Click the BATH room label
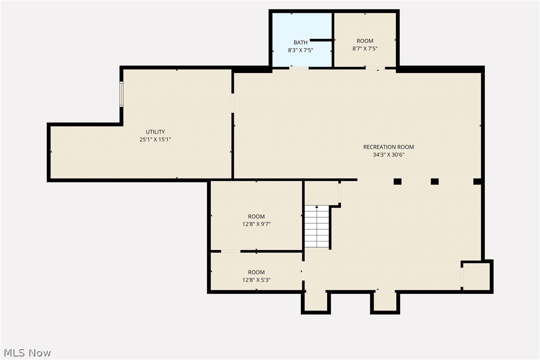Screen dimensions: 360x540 300,43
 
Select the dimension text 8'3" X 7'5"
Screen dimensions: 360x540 300,50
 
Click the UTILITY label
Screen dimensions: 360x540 155,132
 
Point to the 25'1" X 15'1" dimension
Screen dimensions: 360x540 155,140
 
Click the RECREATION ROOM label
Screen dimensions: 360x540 388,147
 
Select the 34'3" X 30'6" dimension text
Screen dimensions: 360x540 388,155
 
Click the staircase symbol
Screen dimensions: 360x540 317,226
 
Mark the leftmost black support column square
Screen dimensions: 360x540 397,181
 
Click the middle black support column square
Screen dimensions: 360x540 435,181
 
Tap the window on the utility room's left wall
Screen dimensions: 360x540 121,94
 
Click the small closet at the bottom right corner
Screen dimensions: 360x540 476,276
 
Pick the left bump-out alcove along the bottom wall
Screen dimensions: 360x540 316,301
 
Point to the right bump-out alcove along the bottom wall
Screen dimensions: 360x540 385,301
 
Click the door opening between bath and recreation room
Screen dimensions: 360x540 299,68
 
